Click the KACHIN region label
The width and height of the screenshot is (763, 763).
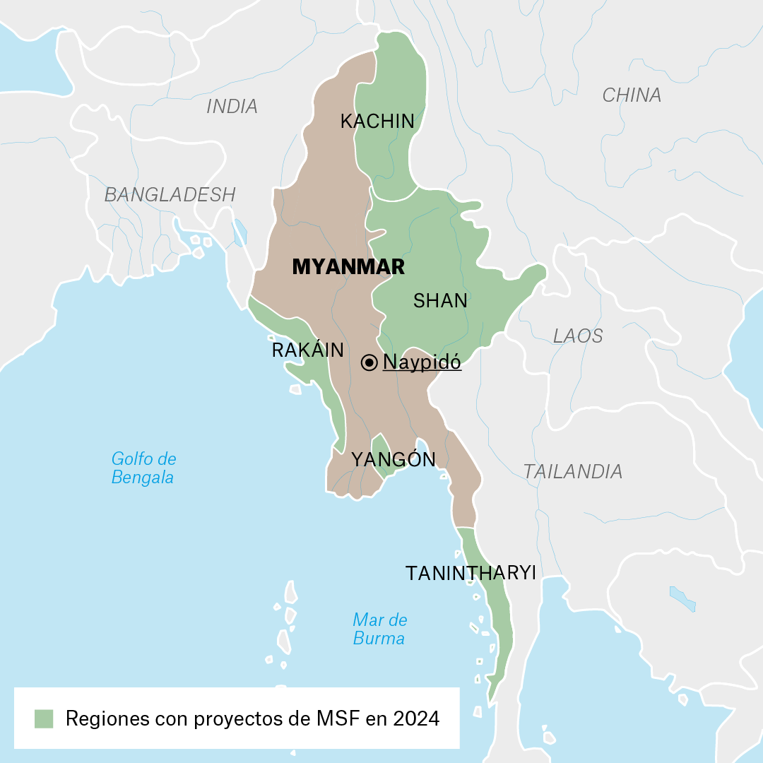pos(377,122)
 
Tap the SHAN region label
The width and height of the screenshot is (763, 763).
pos(440,301)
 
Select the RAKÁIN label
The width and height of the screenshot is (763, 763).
pos(307,350)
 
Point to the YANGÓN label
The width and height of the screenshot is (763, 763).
pos(394,459)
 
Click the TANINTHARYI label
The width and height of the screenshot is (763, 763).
pos(471,573)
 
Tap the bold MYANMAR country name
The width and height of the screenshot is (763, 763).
pos(348,266)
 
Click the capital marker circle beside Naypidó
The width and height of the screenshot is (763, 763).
pos(369,362)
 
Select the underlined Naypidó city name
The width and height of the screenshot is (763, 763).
pos(422,362)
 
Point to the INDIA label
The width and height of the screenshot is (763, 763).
pos(232,107)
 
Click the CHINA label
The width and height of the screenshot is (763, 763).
pos(632,95)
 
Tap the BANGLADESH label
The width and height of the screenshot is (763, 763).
pos(170,195)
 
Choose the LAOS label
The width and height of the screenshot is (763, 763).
pos(578,336)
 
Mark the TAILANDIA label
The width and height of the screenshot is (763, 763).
pos(573,471)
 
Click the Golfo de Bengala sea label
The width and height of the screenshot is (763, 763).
pos(143,468)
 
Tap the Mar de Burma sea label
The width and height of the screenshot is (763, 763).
pos(379,629)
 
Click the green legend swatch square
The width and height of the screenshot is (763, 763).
pos(44,718)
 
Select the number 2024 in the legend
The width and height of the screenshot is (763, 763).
pos(417,719)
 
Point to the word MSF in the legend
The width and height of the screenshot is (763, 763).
pos(329,719)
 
